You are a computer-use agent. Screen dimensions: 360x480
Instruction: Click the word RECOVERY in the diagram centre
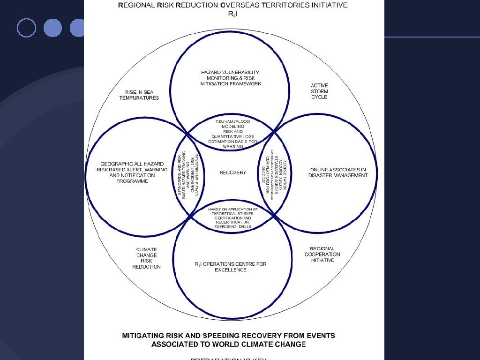(232, 172)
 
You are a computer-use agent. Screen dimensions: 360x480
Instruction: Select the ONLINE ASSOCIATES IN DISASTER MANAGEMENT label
(338, 172)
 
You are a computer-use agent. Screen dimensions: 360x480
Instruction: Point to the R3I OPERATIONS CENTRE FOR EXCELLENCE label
(231, 267)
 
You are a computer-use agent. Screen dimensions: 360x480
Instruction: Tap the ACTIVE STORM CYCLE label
(319, 91)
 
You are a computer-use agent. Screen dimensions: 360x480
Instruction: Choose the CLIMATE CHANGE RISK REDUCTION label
(146, 258)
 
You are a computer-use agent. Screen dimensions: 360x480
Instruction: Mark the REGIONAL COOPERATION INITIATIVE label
(322, 255)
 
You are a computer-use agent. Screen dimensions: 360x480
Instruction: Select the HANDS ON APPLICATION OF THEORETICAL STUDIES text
(233, 218)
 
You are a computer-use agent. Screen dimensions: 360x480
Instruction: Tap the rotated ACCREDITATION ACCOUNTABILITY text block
(277, 174)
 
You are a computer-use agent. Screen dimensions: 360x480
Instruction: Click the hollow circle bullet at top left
(26, 28)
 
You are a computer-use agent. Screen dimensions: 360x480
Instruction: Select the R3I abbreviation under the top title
(233, 14)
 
